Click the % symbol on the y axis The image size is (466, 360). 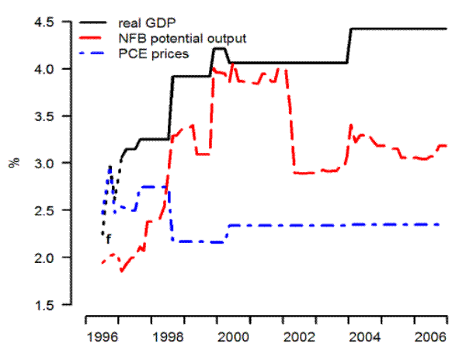point(13,164)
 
